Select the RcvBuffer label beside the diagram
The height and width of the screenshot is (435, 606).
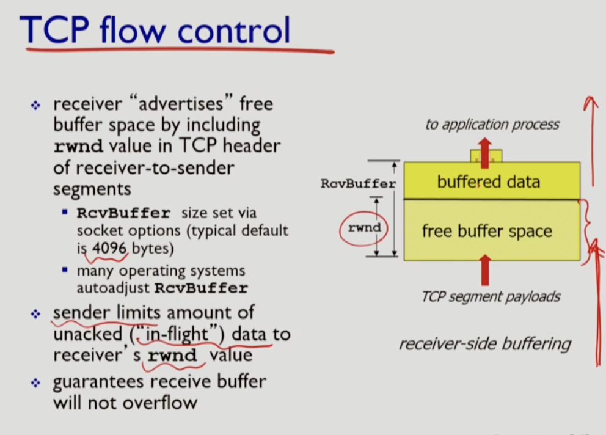[358, 183]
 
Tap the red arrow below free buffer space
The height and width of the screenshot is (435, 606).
[485, 270]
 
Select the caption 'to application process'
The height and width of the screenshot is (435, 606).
[492, 125]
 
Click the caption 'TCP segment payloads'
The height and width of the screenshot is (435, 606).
[491, 297]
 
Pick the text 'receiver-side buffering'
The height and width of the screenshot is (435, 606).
[484, 344]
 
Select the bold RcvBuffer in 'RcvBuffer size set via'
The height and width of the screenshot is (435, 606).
[123, 213]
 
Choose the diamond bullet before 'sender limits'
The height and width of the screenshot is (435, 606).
[35, 314]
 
